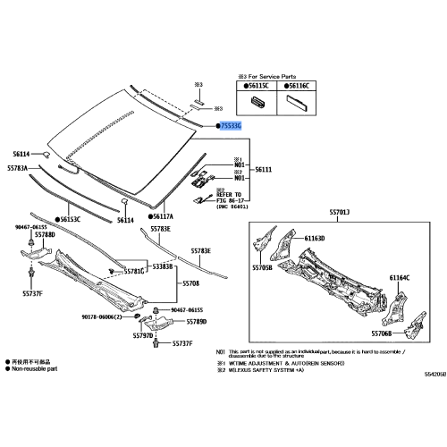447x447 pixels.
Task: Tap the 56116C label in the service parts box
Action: (296, 86)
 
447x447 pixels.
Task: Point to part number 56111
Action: (266, 170)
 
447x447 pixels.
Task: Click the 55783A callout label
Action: (21, 168)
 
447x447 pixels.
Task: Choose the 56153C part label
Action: (69, 218)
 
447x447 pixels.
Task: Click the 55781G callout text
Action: (133, 269)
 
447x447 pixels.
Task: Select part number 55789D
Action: (196, 321)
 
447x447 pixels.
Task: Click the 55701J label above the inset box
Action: (339, 211)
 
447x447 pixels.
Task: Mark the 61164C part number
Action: (399, 278)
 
